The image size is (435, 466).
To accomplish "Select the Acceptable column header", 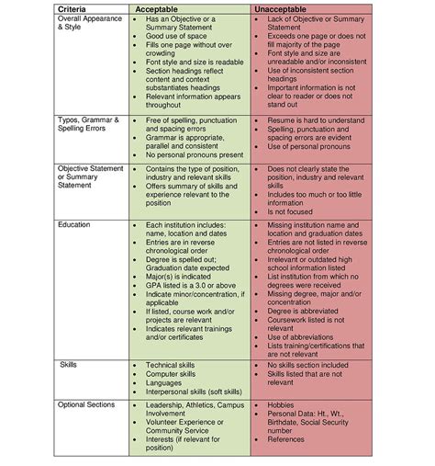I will [x=176, y=8].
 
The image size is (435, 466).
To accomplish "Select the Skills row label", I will [x=71, y=364].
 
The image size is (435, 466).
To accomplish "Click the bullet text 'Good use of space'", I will [x=175, y=36].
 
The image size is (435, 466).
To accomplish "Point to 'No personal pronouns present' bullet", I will [x=194, y=154].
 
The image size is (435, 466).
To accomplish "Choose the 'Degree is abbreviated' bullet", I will [x=308, y=310].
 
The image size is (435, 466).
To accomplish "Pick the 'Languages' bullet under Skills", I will [x=164, y=383].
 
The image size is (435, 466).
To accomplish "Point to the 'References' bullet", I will [x=289, y=440].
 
